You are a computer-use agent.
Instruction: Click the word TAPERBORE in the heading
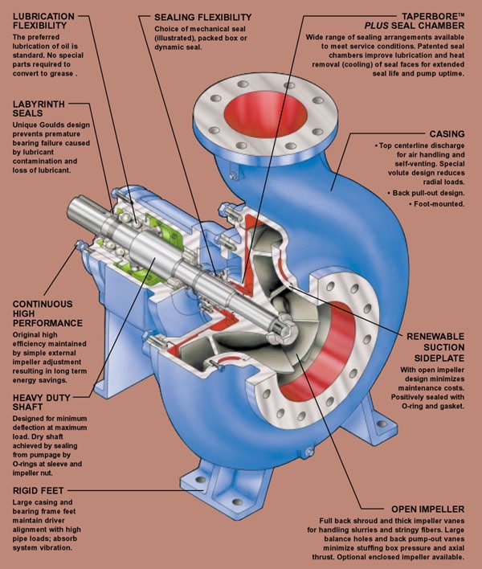pos(418,16)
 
